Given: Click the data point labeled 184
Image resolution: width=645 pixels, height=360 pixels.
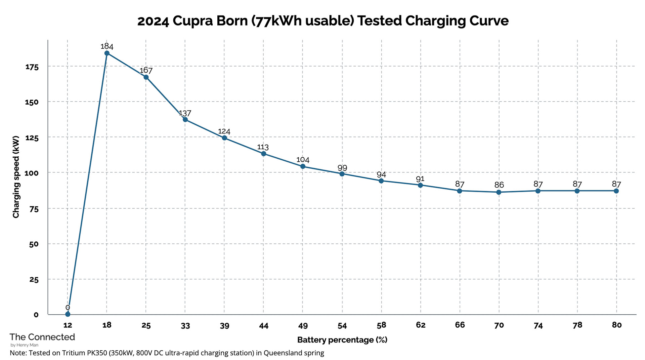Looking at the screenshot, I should point(107,53).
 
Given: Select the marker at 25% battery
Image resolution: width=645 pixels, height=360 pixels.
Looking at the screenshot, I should point(146,77).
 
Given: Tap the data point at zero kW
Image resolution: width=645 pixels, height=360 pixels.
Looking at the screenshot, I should point(68,314).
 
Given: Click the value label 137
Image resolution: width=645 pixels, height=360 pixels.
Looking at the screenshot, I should point(185,113).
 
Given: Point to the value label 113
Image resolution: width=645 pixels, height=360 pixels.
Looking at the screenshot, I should point(263,147).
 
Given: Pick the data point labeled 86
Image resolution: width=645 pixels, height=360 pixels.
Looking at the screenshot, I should point(499,192).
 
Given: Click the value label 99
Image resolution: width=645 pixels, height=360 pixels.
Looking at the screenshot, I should point(342,168).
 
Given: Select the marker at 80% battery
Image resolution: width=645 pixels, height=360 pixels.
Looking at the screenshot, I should point(616,191).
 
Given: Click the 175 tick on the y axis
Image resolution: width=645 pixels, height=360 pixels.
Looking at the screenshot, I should point(32,67).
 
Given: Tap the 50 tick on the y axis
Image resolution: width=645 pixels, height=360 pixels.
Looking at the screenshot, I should point(34,244).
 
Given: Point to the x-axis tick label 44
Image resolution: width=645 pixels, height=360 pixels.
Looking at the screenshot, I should point(264,326).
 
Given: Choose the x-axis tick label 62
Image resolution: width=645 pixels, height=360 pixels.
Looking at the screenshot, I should point(421,325).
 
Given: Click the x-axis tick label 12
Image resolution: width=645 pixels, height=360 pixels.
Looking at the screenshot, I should point(68,325).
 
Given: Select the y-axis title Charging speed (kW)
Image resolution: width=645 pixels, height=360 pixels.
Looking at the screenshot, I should point(16,177).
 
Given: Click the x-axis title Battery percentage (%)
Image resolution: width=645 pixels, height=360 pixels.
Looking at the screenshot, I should point(342,340).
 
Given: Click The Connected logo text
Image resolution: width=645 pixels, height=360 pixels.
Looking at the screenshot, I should point(42,337).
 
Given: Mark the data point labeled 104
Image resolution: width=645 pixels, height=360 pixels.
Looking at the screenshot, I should point(303,166).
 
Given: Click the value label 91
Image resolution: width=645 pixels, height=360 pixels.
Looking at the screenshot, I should point(420,179).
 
